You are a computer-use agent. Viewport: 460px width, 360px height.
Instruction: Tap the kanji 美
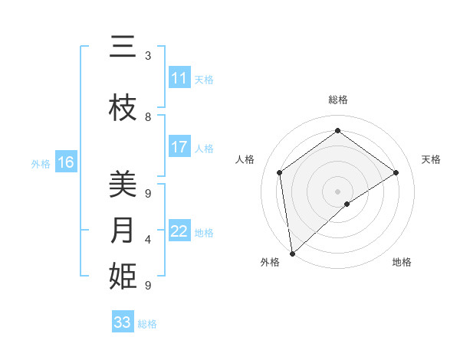[123, 185]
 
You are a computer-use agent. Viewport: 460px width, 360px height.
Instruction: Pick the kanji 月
[123, 230]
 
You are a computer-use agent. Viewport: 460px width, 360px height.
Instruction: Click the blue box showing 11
[179, 78]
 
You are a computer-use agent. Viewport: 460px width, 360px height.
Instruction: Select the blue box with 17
[179, 147]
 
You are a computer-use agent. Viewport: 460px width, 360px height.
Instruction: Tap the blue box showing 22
[179, 231]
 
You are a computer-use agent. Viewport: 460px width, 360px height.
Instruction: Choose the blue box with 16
[66, 162]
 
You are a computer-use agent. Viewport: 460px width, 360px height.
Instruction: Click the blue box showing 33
[123, 322]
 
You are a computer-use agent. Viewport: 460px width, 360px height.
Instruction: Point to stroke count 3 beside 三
[148, 56]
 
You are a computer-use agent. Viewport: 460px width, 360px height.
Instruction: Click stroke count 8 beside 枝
[148, 117]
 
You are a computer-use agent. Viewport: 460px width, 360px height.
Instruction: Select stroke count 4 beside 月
[148, 240]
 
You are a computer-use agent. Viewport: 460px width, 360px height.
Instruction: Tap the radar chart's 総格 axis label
[338, 100]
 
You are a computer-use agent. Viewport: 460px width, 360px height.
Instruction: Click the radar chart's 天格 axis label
[432, 159]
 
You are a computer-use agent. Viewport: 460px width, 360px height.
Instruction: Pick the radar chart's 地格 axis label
[402, 262]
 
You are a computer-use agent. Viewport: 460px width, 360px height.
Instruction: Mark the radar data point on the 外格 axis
[292, 254]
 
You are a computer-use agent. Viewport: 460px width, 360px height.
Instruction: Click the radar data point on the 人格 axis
[280, 172]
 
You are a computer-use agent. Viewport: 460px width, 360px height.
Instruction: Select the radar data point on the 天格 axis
[396, 172]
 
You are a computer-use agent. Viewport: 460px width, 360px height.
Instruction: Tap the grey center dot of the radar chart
[338, 191]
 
